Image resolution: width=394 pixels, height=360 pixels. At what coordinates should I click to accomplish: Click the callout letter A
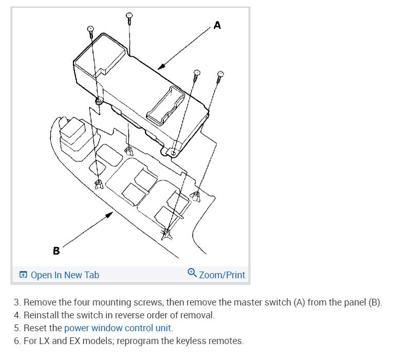coord(217,25)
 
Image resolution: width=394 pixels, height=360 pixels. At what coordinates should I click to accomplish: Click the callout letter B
coord(56,251)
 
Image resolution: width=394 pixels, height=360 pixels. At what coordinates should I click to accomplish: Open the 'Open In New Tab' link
coord(65,275)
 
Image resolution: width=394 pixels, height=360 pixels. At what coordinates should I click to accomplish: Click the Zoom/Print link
coord(222,275)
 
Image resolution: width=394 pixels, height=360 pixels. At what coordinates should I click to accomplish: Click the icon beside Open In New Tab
coord(23,275)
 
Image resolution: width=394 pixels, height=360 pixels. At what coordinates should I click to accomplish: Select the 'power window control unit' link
coord(118,328)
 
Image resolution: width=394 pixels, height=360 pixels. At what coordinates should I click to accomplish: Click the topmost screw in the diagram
coord(130,17)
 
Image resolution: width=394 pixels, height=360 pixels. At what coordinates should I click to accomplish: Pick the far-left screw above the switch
coord(90,31)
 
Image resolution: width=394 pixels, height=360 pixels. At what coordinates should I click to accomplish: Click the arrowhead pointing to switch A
coord(161,67)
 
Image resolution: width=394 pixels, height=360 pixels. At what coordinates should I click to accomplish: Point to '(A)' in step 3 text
coord(300,302)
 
